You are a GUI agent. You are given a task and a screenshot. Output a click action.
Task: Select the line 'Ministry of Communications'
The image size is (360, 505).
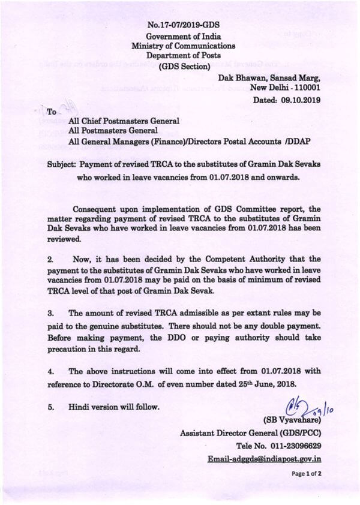(183, 46)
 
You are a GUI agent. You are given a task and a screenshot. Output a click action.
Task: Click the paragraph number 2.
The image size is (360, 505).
(51, 260)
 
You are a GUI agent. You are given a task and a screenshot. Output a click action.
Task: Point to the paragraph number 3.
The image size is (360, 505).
(51, 314)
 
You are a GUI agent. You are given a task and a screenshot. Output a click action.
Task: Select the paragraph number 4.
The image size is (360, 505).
(51, 372)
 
